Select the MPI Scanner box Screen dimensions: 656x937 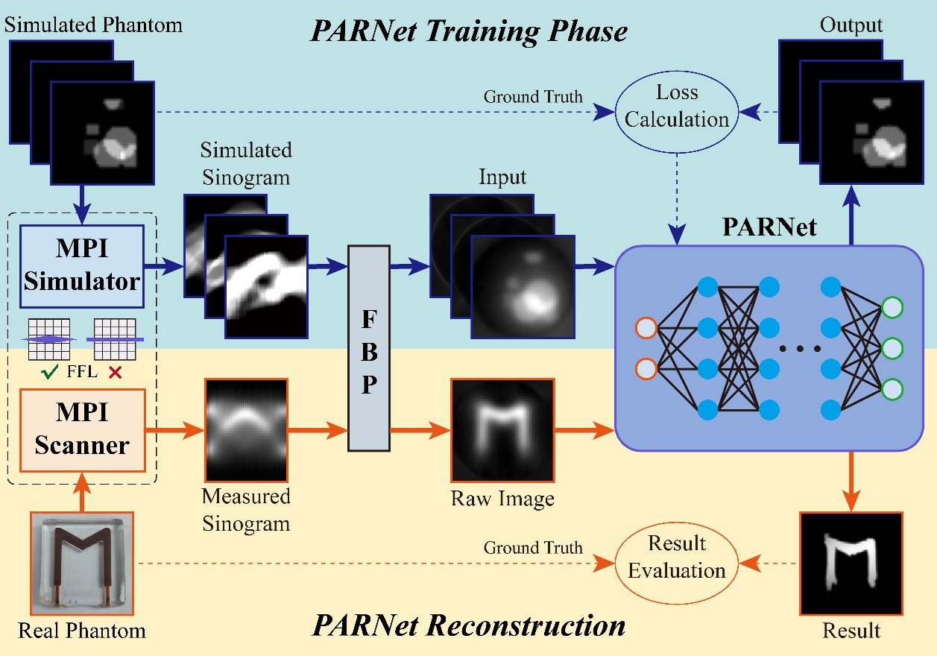coord(82,430)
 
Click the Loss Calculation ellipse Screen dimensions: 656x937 coord(677,106)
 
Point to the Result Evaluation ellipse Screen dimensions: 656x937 coord(676,558)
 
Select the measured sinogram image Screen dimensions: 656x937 coord(246,430)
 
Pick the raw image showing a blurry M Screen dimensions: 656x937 coord(502,430)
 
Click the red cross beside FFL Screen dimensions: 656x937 coord(115,371)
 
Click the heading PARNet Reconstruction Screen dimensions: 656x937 coord(470,625)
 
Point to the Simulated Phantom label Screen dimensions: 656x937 coord(93,25)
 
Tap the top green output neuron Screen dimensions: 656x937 coord(892,308)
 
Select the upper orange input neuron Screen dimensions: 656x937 coord(646,328)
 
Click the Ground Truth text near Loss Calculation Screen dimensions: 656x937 coord(533,97)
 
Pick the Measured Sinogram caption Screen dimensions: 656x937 coord(246,510)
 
